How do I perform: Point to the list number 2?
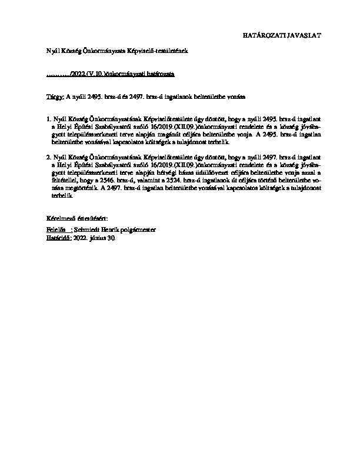tap(48, 158)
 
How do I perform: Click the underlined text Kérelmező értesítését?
tap(76, 219)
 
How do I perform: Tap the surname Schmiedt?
tap(86, 230)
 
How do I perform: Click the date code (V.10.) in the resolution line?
tap(97, 76)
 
